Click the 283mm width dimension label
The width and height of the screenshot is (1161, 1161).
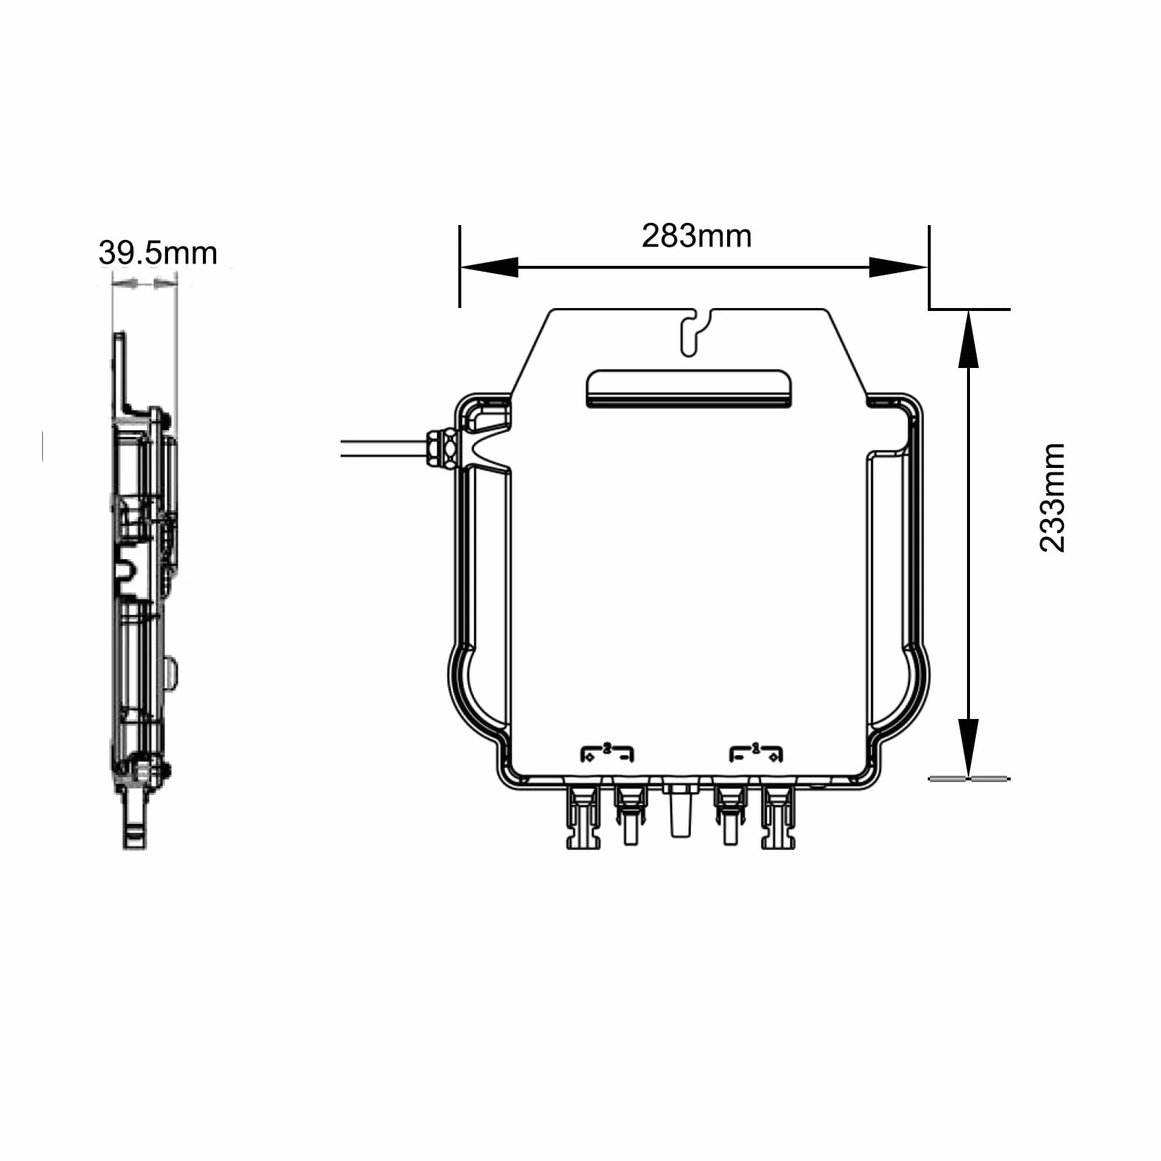click(x=696, y=236)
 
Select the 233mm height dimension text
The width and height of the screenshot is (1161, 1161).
click(x=1052, y=498)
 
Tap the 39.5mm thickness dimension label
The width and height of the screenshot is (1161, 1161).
click(x=158, y=253)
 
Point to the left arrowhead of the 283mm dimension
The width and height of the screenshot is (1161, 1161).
click(x=489, y=267)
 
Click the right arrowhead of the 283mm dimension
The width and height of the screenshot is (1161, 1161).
click(x=898, y=267)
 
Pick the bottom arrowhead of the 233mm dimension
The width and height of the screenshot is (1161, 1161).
click(x=968, y=748)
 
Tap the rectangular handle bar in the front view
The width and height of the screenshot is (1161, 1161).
click(x=689, y=389)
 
